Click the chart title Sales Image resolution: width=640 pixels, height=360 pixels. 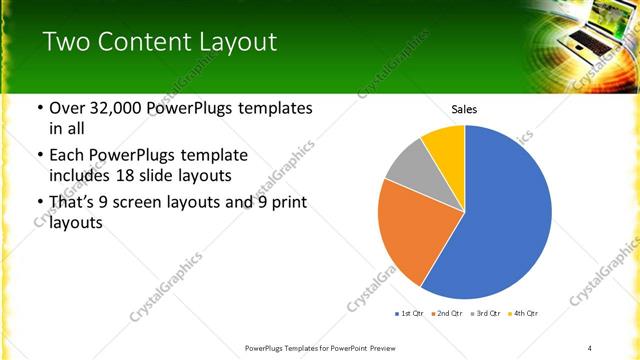pos(464,108)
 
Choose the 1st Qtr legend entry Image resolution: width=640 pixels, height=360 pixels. pos(410,313)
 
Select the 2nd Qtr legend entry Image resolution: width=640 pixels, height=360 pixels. pos(446,313)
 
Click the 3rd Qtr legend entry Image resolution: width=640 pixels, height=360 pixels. pos(484,313)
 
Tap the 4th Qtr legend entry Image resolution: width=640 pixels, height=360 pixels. pos(524,313)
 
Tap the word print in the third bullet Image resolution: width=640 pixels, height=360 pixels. pos(287,203)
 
